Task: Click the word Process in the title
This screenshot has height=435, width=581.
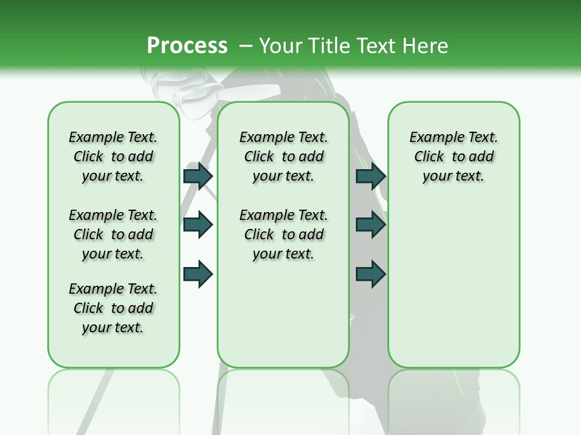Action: tap(187, 46)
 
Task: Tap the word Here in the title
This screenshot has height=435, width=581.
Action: tap(425, 46)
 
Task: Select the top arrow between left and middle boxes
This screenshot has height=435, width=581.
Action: tap(198, 176)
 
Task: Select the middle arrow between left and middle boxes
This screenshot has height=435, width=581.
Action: tap(198, 225)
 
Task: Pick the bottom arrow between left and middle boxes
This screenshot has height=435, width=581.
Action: tap(198, 273)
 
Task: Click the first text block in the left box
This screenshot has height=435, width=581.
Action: tap(113, 156)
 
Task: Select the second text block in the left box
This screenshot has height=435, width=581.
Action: tap(113, 234)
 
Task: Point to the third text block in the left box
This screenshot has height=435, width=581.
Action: tap(113, 308)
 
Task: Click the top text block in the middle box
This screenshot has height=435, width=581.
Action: tap(283, 156)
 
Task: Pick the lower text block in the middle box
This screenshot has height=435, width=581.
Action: tap(283, 234)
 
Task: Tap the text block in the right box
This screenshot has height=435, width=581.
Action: tap(453, 156)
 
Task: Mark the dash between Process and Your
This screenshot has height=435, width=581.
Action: tap(245, 46)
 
